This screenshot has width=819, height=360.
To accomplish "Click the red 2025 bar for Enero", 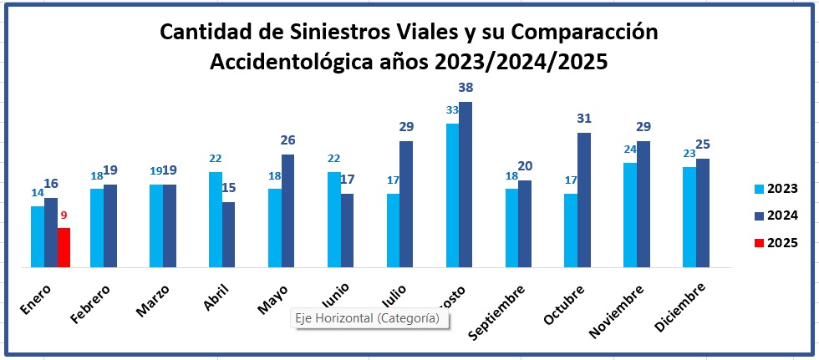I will tap(64, 248).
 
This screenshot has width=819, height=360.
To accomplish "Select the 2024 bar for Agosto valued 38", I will tap(465, 185).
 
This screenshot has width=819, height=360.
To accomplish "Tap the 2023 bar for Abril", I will tap(216, 220).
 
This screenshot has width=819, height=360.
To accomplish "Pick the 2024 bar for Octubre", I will tap(584, 200).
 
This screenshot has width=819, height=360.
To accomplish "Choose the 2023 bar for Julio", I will tap(393, 231).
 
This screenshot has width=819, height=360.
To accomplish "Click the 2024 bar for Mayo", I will tap(287, 211).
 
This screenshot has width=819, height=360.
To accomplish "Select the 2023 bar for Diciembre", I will tap(689, 217).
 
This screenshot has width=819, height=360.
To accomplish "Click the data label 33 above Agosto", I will tap(452, 109).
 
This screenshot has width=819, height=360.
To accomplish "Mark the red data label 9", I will tap(64, 215).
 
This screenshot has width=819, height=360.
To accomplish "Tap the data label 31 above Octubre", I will tap(583, 119).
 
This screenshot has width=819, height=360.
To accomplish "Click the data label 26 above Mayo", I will tap(288, 140).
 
